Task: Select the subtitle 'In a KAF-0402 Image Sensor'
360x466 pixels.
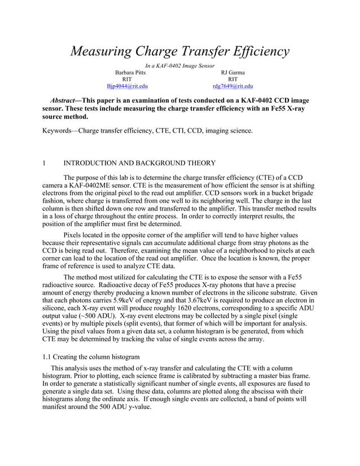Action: pyautogui.click(x=180, y=67)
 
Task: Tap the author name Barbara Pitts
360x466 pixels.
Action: pyautogui.click(x=130, y=73)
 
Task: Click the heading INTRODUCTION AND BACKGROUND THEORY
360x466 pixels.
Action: pyautogui.click(x=139, y=163)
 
